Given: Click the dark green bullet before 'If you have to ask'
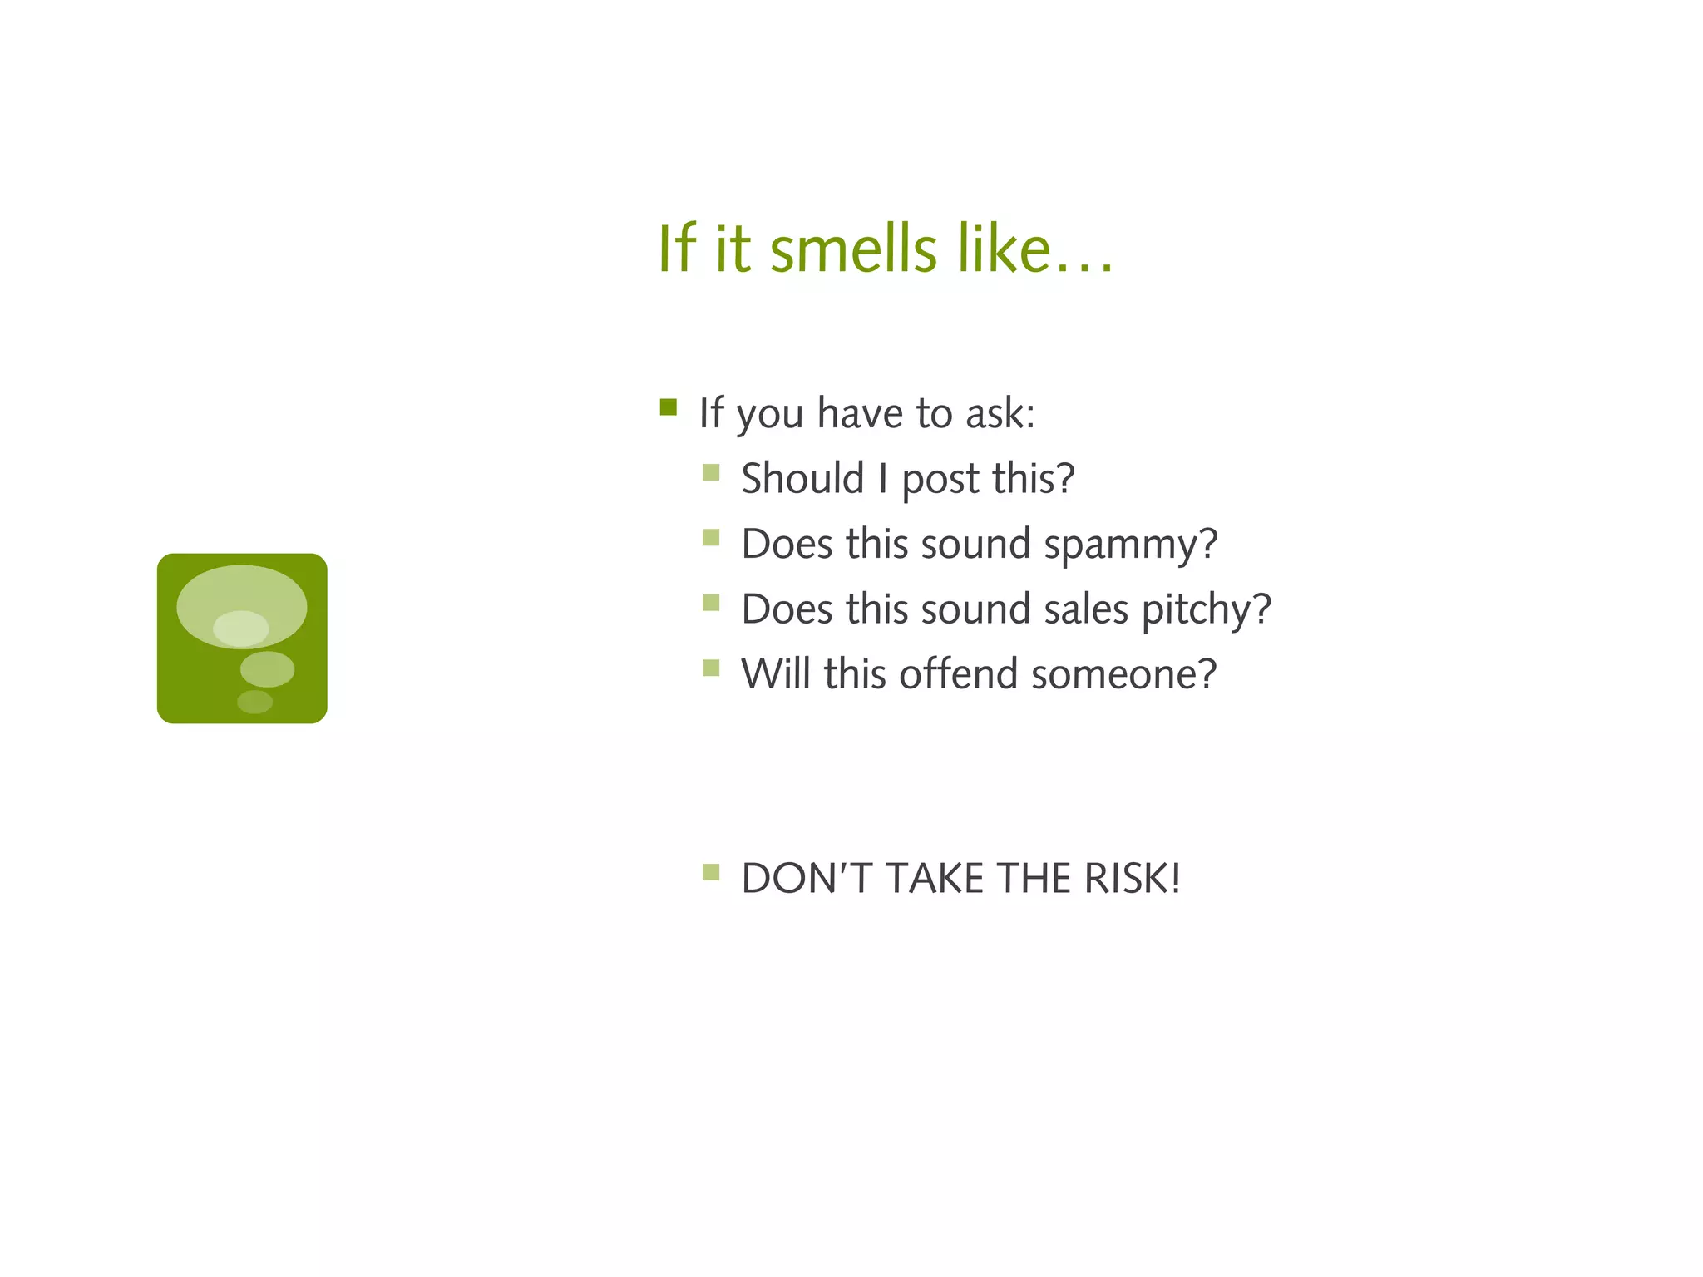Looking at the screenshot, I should coord(669,407).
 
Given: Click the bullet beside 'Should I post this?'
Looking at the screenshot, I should coord(711,473).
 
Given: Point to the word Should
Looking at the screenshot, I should coord(802,479).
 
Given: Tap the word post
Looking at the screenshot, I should coord(940,481).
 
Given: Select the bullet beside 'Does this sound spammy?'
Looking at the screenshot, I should coord(711,538).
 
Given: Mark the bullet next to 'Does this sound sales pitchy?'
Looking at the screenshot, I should coord(711,603).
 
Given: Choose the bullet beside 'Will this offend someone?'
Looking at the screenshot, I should coord(711,668).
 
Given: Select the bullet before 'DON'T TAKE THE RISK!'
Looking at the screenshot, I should coord(711,872).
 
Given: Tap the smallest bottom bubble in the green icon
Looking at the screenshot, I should coord(254,703).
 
